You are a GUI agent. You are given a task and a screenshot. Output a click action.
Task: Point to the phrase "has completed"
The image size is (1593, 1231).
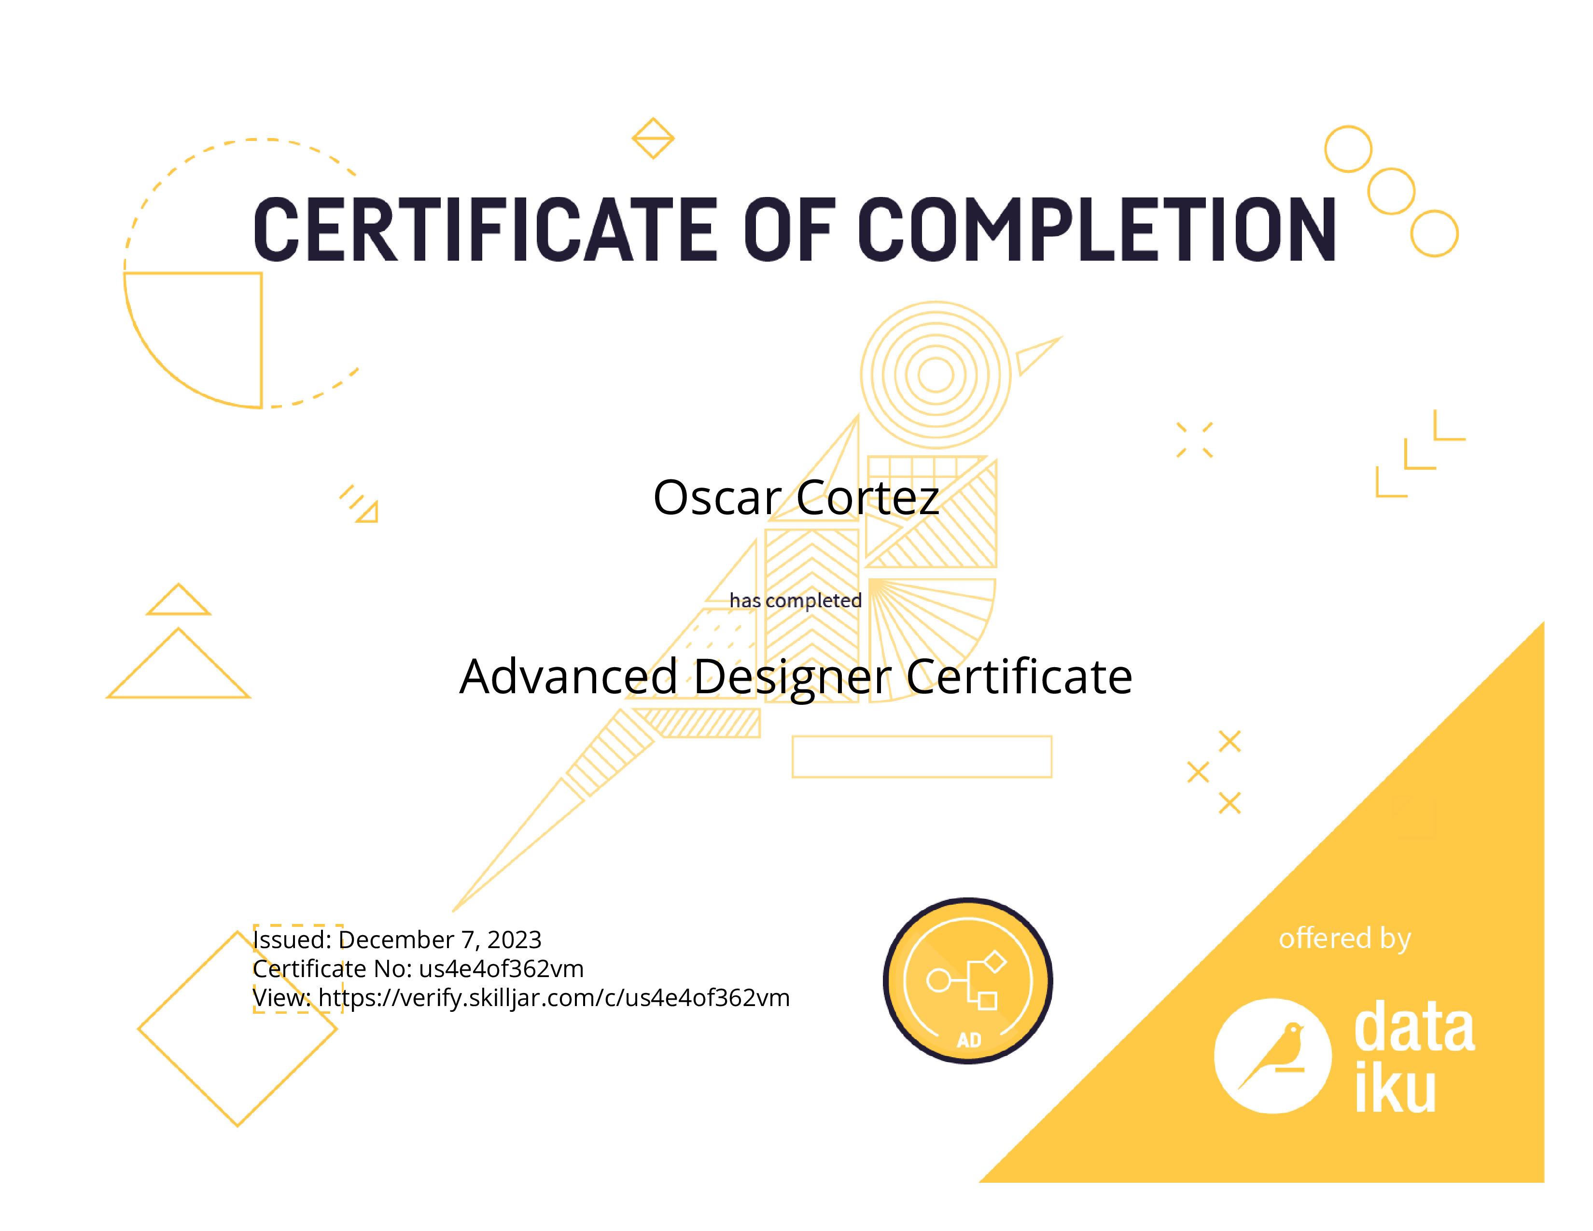point(796,600)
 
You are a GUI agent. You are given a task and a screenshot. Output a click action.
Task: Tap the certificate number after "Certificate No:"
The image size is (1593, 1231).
point(502,968)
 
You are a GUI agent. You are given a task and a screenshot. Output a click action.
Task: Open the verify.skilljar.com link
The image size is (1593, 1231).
point(554,998)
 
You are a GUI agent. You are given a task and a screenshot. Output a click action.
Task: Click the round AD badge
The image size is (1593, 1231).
point(968,981)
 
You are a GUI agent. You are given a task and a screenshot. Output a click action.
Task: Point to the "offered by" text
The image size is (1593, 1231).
point(1345,938)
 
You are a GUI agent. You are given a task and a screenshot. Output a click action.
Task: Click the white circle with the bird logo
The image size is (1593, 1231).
point(1273,1056)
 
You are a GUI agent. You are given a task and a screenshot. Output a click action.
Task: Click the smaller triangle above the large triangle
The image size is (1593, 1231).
point(179,600)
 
